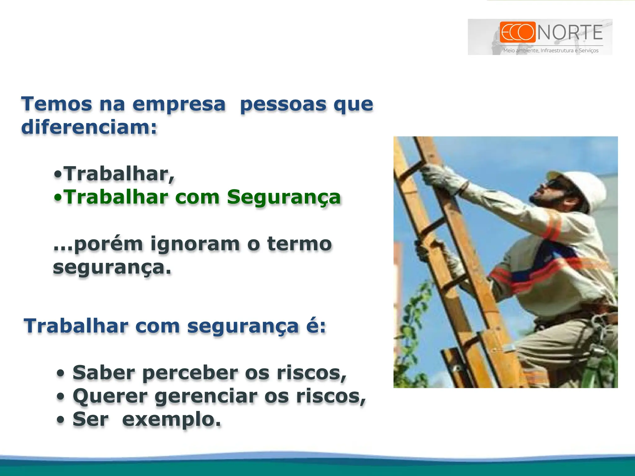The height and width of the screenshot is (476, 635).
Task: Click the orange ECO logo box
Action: [517, 32]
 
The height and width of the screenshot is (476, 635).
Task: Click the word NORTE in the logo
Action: [570, 33]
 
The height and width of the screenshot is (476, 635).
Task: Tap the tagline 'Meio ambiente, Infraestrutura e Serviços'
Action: [551, 51]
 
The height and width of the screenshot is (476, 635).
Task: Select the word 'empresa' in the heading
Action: [179, 104]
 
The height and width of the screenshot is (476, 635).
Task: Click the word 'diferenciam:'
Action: [89, 127]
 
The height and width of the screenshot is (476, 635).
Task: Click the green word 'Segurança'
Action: [284, 197]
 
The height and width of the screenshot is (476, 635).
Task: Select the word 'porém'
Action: [108, 245]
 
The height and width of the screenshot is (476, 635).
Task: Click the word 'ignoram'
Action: [195, 245]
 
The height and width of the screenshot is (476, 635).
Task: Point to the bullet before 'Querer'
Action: [61, 397]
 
